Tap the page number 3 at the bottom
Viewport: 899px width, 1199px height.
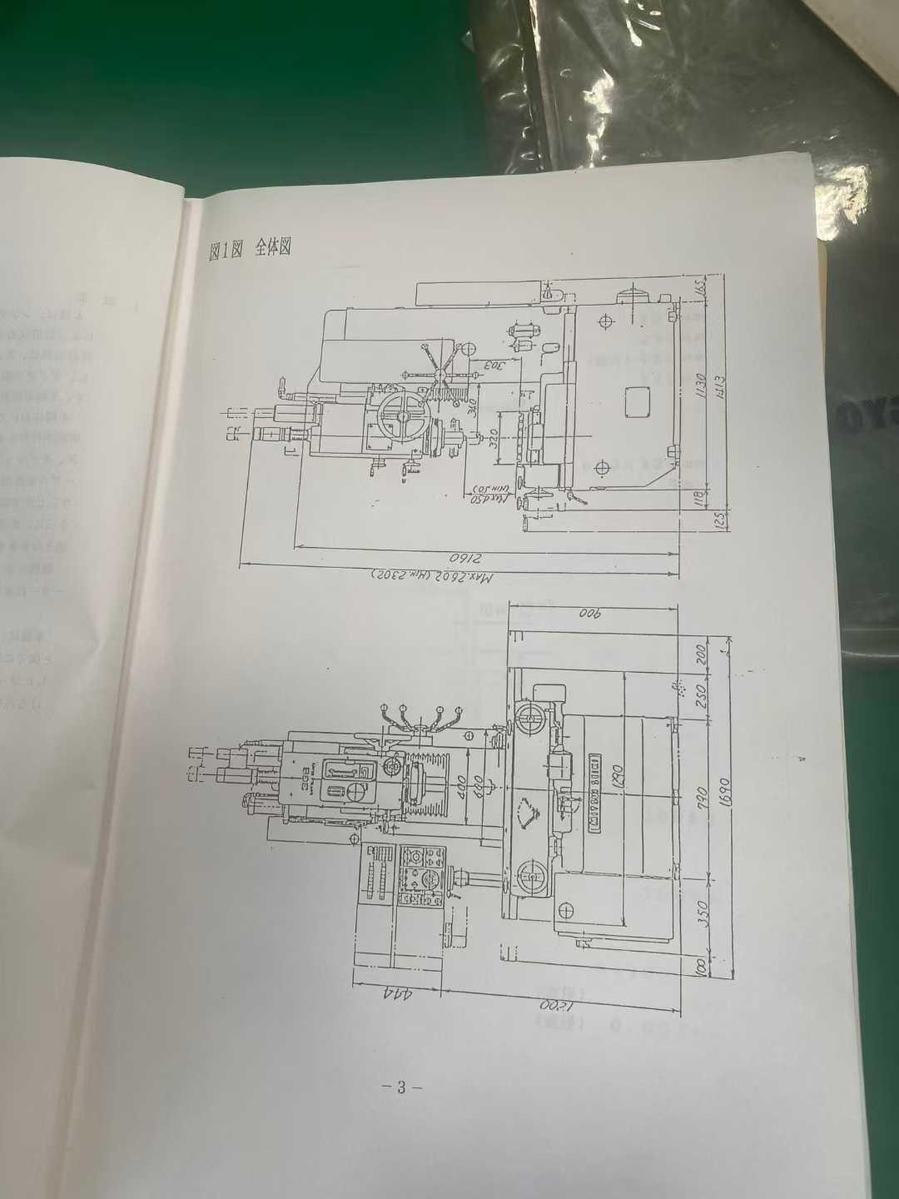tap(400, 1087)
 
